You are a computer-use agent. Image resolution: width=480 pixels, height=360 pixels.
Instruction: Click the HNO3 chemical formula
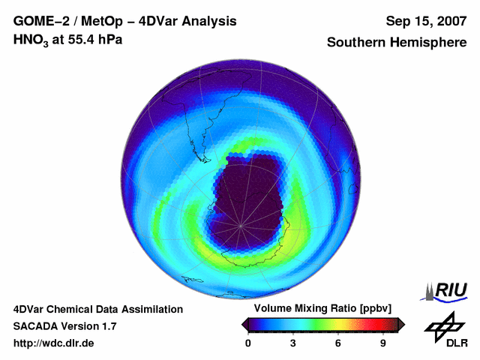31,40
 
